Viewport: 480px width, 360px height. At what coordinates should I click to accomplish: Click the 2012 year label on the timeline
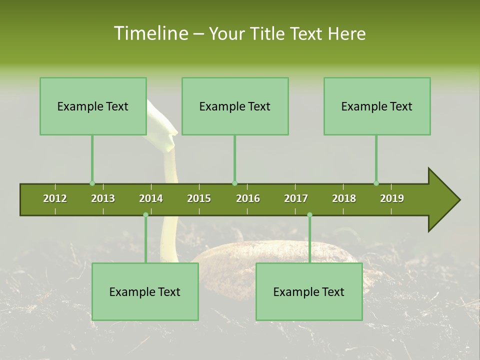point(55,198)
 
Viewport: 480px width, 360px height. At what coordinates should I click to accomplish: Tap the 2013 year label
point(103,198)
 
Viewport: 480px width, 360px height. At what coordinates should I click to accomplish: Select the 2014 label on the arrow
point(151,198)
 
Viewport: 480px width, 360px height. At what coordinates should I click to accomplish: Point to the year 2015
point(199,198)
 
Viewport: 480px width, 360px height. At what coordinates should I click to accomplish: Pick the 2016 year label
point(248,198)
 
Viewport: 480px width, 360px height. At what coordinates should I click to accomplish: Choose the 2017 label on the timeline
point(296,198)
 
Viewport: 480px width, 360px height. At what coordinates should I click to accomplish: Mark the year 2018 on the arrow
point(344,198)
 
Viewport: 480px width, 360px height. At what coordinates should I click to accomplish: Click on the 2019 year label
point(392,198)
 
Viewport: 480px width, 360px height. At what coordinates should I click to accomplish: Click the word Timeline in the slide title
point(150,33)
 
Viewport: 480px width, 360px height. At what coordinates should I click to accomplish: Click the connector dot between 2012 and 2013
point(92,183)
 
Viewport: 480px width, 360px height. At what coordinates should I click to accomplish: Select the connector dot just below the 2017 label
point(309,215)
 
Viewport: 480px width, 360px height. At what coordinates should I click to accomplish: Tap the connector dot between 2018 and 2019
point(376,183)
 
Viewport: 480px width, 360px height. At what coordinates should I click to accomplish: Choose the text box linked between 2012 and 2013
point(93,106)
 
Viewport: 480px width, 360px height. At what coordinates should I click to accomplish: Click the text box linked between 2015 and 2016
point(235,106)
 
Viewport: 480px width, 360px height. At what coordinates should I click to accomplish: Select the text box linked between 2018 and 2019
point(377,106)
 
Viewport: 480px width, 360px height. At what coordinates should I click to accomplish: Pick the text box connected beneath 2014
point(145,291)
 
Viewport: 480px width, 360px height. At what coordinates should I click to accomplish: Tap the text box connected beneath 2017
point(309,291)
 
